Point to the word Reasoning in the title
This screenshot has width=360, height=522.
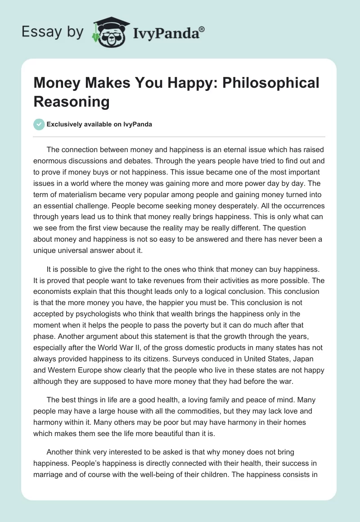72,101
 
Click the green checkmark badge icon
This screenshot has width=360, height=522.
39,124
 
